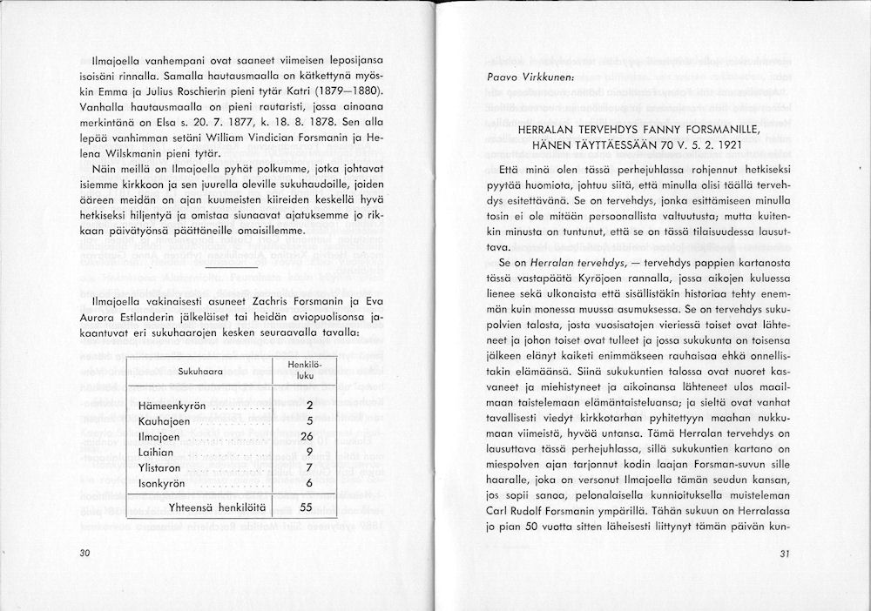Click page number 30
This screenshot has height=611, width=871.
tap(84, 554)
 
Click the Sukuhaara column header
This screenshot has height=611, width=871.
tap(199, 371)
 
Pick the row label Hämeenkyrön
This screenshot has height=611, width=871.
tap(170, 406)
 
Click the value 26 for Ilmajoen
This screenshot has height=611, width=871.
tap(305, 436)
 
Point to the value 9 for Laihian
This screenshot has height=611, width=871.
tap(308, 452)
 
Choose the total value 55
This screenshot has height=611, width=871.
tap(305, 507)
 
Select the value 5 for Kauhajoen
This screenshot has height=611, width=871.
tap(308, 420)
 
